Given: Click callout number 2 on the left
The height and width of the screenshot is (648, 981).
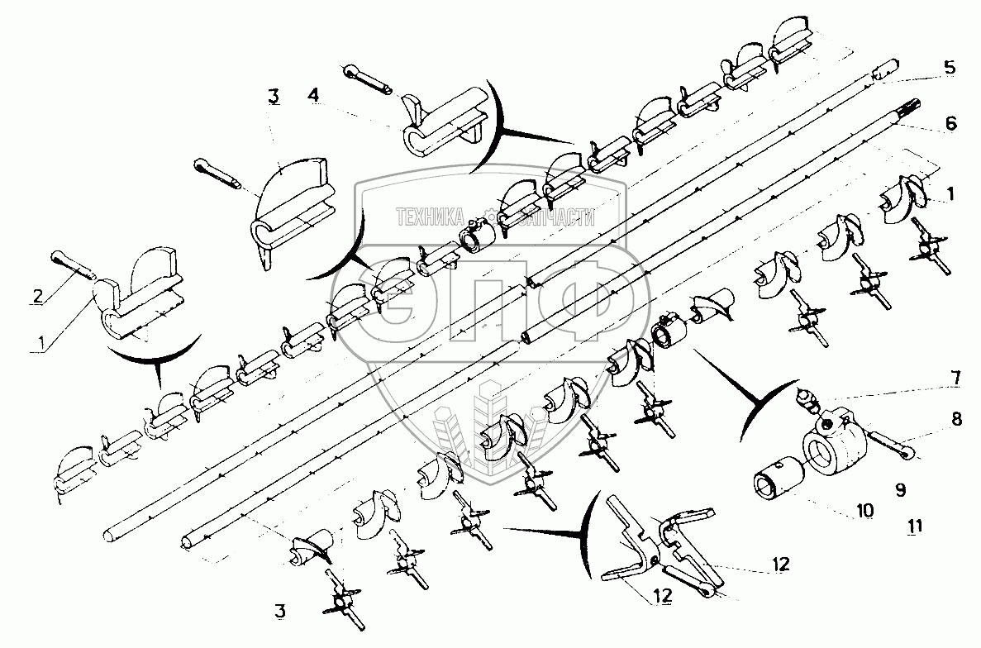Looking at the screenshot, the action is click(38, 295).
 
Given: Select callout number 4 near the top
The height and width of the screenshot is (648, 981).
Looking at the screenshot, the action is click(313, 95).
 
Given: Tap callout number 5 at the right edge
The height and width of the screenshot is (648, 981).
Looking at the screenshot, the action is click(949, 68).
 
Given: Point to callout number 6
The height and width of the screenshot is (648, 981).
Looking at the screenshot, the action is click(951, 123).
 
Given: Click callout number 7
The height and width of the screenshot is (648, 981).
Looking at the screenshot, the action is click(955, 379).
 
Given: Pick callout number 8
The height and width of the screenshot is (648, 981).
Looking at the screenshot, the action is click(956, 418).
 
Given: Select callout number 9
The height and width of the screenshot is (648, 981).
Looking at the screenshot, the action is click(900, 490).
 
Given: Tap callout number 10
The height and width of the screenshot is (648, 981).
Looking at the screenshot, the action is click(864, 511).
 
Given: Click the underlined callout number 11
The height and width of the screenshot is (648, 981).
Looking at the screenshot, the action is click(915, 526).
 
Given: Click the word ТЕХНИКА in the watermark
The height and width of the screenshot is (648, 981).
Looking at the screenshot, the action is click(429, 217).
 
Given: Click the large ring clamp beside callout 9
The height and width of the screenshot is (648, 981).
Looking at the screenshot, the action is click(835, 441).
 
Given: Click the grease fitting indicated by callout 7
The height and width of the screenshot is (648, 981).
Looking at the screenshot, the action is click(807, 399).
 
